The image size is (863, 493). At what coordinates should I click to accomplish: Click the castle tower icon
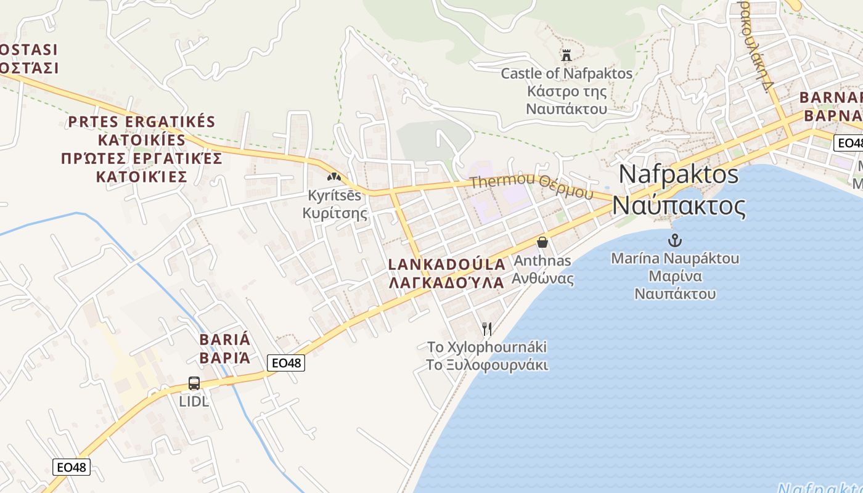(x=566, y=55)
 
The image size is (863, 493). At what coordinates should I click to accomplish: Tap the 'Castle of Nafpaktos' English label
(x=566, y=74)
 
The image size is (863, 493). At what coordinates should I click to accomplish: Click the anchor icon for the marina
(x=676, y=240)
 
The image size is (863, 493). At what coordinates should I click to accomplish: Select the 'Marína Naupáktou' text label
(x=675, y=258)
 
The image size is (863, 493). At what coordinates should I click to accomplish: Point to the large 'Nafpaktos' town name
(x=678, y=174)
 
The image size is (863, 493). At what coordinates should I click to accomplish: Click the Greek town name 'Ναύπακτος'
(x=679, y=206)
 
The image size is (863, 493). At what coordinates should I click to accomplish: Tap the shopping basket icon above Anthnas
(x=542, y=242)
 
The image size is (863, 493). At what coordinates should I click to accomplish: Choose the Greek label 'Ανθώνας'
(x=542, y=279)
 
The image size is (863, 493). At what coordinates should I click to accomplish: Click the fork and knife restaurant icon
(x=487, y=328)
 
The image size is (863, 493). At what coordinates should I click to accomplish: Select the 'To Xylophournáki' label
(x=487, y=347)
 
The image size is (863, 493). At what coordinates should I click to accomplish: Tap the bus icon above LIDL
(x=194, y=383)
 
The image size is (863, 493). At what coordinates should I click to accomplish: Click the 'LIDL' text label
(x=194, y=402)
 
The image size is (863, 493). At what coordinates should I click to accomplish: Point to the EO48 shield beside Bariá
(x=287, y=363)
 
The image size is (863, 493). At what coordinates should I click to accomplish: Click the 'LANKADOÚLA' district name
(x=447, y=264)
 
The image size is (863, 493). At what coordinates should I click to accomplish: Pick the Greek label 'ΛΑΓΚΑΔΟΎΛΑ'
(x=447, y=282)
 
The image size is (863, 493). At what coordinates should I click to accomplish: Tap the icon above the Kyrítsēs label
(x=334, y=177)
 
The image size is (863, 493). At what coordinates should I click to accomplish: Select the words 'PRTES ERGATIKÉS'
(x=141, y=121)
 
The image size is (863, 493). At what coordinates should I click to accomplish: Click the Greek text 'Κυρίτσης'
(x=334, y=213)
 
